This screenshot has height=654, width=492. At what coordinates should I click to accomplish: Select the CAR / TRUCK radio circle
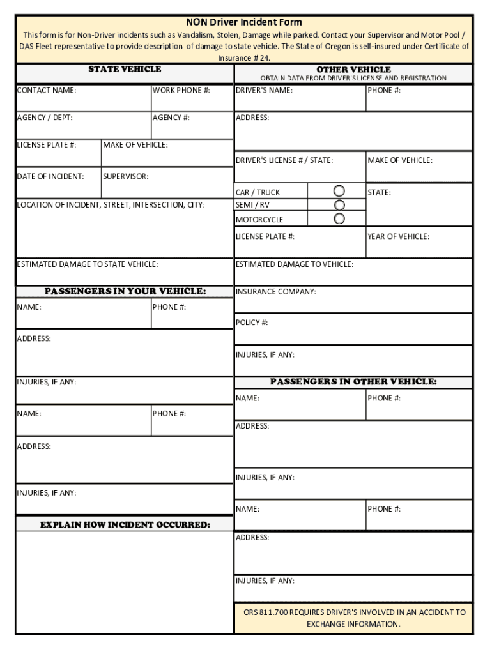(x=339, y=191)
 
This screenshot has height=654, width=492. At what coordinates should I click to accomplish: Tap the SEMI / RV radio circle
(x=339, y=205)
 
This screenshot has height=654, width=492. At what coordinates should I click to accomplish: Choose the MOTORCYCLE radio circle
(x=339, y=218)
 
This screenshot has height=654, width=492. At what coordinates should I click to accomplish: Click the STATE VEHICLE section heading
(x=125, y=69)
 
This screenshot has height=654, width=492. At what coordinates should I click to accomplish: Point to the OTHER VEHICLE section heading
(x=353, y=70)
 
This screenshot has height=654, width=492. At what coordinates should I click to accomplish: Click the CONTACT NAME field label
(x=47, y=91)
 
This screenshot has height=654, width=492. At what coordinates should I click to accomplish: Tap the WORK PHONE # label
(x=181, y=91)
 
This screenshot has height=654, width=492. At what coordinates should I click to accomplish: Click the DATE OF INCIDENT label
(x=50, y=176)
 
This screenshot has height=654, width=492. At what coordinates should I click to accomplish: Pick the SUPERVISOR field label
(x=126, y=176)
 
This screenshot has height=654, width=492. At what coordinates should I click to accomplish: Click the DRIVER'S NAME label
(x=265, y=91)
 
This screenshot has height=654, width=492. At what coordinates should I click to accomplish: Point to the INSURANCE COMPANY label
(x=276, y=292)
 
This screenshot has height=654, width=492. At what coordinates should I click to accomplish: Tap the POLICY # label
(x=252, y=323)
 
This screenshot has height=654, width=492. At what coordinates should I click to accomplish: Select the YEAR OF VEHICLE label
(x=398, y=237)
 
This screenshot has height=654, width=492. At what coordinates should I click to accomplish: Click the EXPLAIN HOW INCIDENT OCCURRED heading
(x=125, y=525)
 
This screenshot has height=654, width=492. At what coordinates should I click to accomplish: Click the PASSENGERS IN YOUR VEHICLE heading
(x=125, y=292)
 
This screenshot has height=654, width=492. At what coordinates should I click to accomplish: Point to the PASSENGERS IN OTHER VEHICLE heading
(x=353, y=382)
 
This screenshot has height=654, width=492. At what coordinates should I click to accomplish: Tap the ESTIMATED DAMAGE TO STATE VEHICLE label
(x=88, y=264)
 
